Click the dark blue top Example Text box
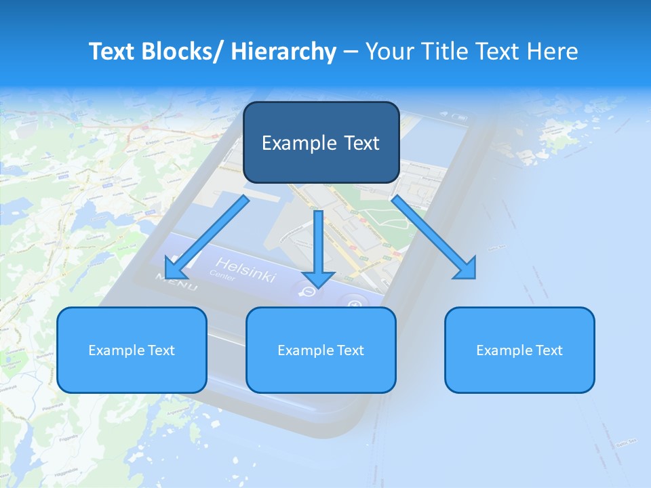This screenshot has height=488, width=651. [x=321, y=142]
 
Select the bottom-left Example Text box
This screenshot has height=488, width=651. [x=132, y=350]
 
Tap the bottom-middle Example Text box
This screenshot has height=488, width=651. [x=321, y=350]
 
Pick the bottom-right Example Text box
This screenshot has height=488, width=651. [x=519, y=350]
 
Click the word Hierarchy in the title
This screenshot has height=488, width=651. [x=283, y=52]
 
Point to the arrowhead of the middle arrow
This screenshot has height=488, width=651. [x=319, y=279]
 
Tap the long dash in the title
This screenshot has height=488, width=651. [x=351, y=52]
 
